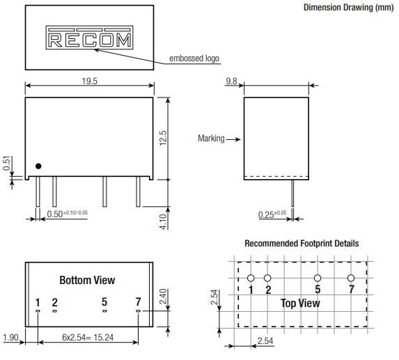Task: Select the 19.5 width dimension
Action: click(x=89, y=81)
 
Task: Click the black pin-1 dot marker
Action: click(x=39, y=166)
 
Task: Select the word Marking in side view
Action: click(x=212, y=139)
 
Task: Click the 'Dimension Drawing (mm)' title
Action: click(x=347, y=8)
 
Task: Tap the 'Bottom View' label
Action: click(x=87, y=281)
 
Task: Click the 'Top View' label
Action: click(x=300, y=303)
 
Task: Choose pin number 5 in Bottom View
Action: click(x=104, y=302)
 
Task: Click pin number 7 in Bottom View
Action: click(x=138, y=302)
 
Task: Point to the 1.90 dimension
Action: click(x=10, y=338)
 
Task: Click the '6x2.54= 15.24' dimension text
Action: click(x=88, y=338)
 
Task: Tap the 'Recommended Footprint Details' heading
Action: click(x=302, y=244)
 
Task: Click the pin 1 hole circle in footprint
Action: click(x=251, y=278)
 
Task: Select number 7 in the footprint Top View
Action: click(x=351, y=289)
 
